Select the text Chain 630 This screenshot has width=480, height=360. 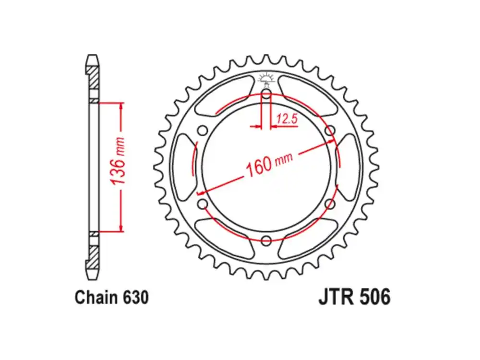111,297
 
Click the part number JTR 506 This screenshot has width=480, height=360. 354,297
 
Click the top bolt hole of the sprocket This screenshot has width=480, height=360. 266,94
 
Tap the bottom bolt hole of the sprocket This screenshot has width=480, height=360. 266,240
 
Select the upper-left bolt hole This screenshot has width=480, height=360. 203,130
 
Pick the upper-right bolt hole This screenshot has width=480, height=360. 329,130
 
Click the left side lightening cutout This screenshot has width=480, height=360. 185,167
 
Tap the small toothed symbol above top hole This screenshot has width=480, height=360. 265,78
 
